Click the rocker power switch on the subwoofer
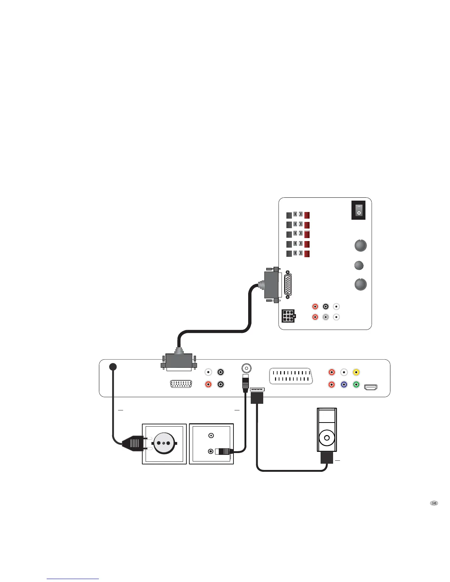359,210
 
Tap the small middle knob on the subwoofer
358,265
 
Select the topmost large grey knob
361,245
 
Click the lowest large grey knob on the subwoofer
361,284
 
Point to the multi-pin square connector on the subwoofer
288,316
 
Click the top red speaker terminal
307,215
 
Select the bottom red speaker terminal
307,254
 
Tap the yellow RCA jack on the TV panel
356,372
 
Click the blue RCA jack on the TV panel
344,385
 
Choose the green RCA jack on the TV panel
356,385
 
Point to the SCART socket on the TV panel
291,376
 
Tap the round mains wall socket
164,443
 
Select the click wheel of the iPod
326,438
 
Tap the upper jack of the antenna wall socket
211,436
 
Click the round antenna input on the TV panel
246,368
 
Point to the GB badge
434,503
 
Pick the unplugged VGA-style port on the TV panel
181,385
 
